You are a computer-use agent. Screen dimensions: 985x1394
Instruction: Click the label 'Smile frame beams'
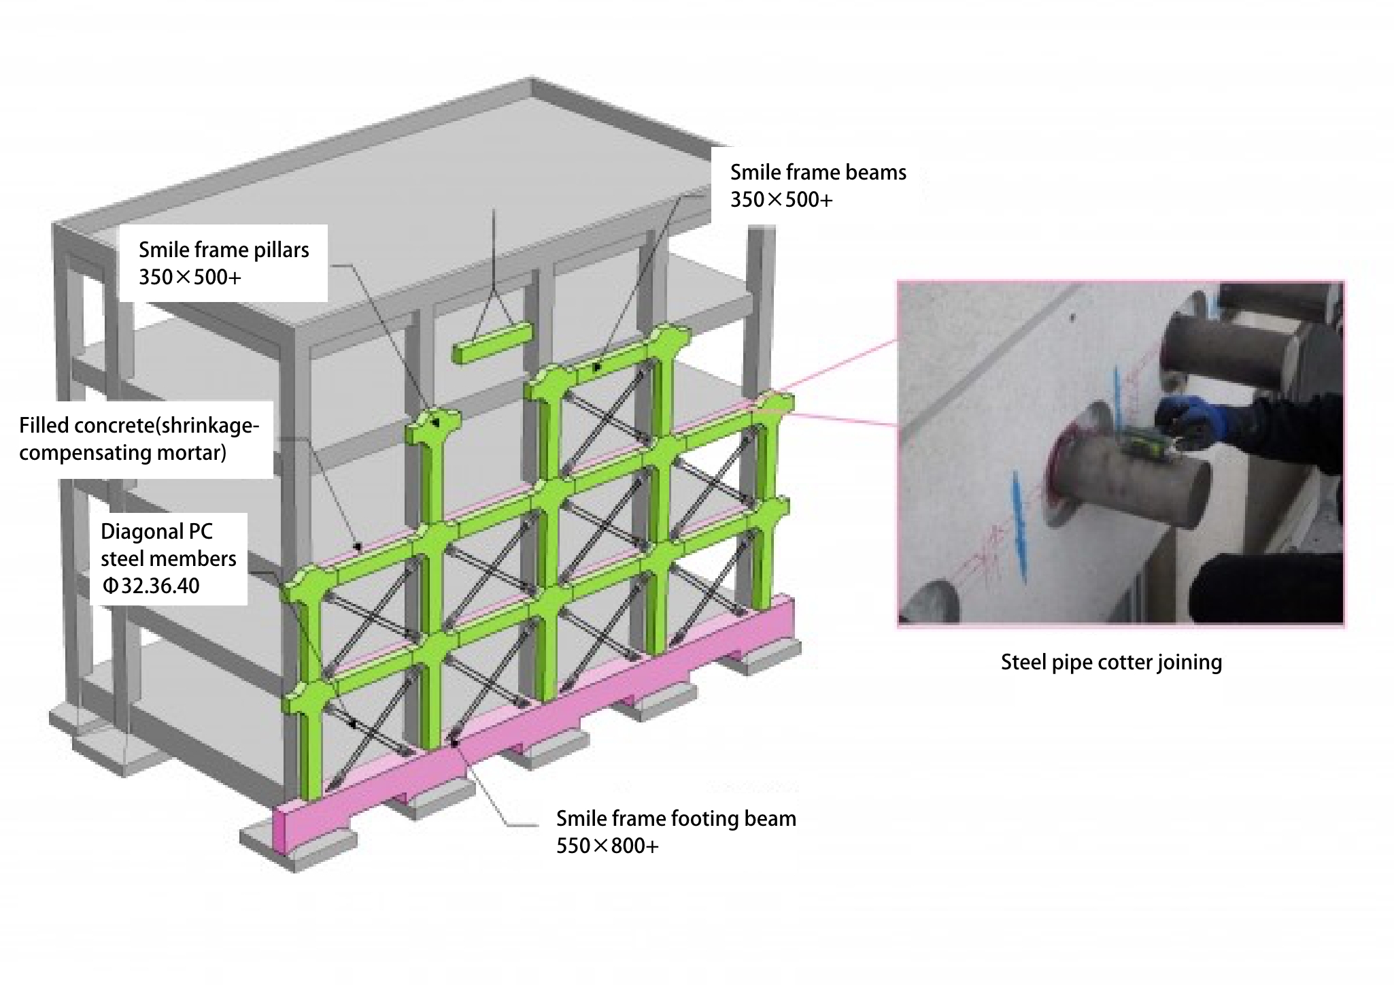pos(818,173)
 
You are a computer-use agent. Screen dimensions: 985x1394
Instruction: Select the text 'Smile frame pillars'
pos(224,250)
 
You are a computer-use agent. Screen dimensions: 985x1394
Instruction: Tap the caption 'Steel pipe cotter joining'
pos(1111,662)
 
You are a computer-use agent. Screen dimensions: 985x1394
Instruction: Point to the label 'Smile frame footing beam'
pos(676,818)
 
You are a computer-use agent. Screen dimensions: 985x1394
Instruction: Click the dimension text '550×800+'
pos(607,846)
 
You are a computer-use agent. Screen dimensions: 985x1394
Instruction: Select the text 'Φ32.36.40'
pos(150,586)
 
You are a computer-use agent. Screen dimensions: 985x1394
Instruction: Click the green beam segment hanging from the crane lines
pos(492,343)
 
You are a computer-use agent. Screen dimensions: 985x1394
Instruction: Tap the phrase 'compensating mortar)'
pos(122,453)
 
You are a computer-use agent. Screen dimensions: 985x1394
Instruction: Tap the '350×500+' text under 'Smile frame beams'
pos(781,200)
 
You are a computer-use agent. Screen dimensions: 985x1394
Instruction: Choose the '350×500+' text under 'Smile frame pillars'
pos(190,278)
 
